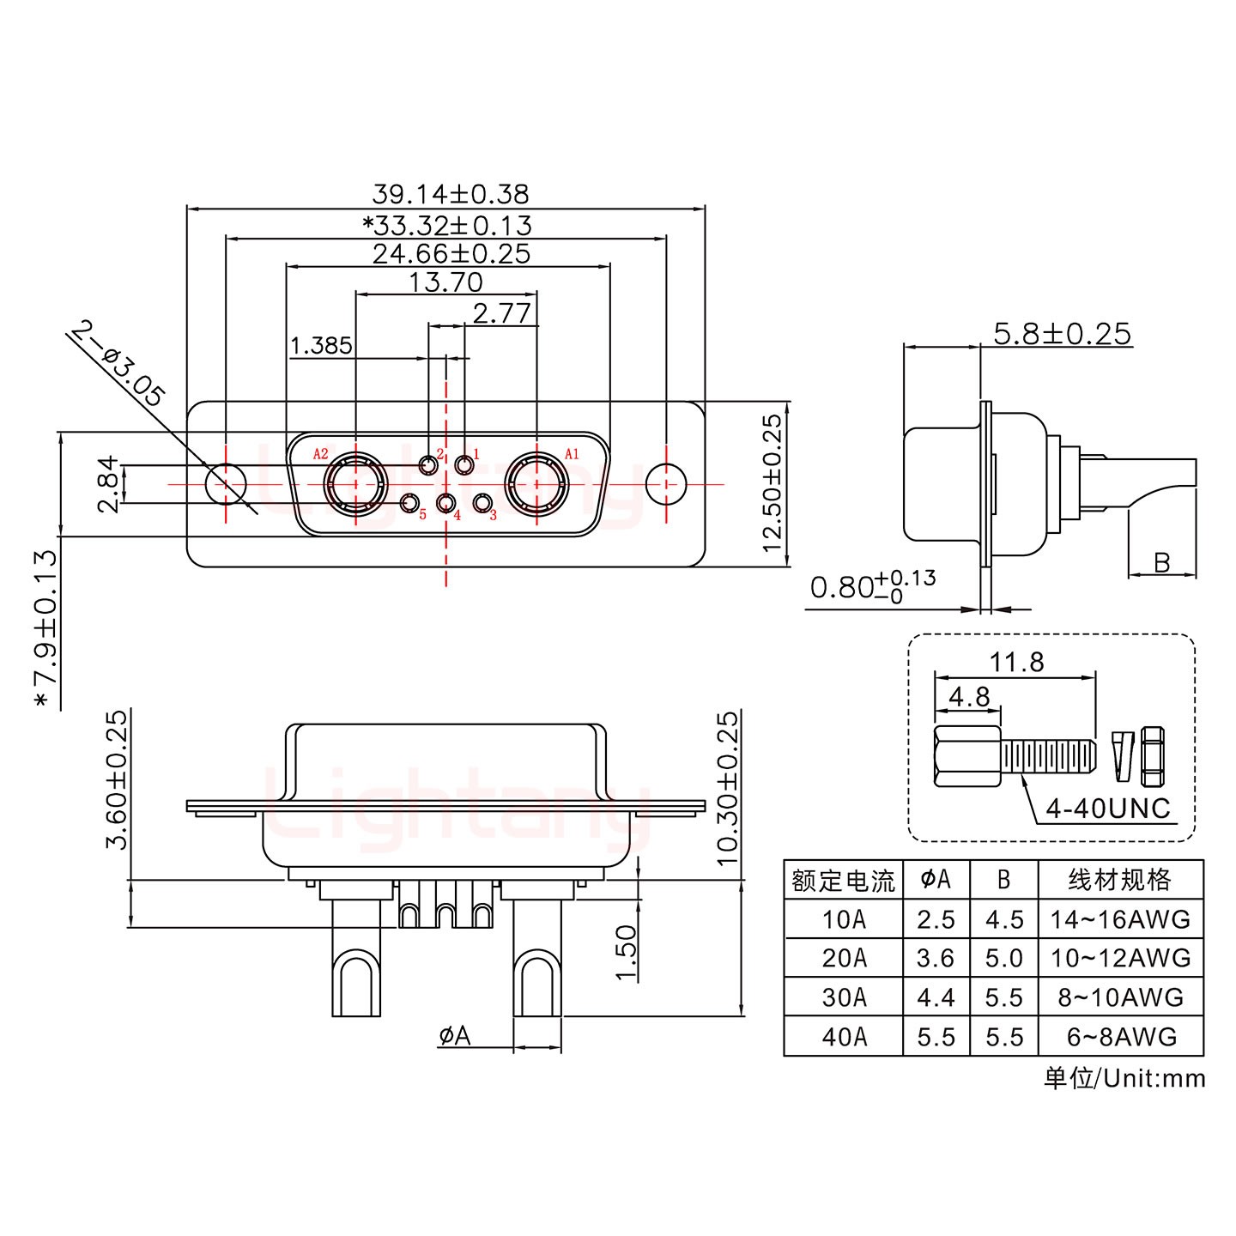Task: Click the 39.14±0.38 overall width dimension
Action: [450, 194]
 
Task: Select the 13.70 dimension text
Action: [445, 282]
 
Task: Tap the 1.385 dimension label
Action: [321, 346]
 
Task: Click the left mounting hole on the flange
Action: [226, 484]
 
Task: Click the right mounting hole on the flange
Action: [666, 484]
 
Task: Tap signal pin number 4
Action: [445, 504]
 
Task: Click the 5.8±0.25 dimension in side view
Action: [1062, 333]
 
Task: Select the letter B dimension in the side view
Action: [1162, 563]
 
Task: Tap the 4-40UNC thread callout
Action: [1108, 808]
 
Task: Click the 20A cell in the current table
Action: [844, 958]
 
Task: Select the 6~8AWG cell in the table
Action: [1120, 1037]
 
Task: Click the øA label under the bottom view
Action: [455, 1037]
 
